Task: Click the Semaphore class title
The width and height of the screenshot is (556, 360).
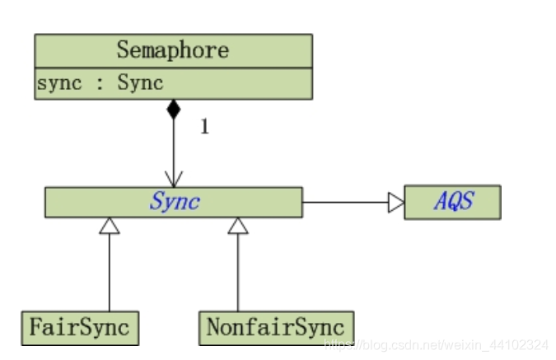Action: click(172, 50)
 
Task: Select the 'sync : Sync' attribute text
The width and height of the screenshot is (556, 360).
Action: click(100, 83)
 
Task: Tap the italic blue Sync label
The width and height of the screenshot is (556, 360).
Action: click(174, 202)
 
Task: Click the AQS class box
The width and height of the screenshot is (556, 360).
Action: click(453, 202)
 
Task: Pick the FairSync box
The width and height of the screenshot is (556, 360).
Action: click(79, 327)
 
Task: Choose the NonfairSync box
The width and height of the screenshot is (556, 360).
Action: click(276, 327)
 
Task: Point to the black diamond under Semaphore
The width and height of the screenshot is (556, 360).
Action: click(173, 110)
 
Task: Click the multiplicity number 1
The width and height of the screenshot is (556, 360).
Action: click(204, 129)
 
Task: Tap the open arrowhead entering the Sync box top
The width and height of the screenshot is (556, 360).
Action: click(173, 179)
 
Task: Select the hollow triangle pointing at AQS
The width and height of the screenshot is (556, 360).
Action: click(396, 202)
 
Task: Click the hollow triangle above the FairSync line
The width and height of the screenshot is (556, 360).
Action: click(109, 225)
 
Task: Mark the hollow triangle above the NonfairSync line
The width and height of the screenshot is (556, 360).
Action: click(238, 225)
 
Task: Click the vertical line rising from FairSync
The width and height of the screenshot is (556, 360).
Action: click(109, 272)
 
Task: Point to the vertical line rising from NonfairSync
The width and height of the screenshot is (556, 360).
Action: click(238, 272)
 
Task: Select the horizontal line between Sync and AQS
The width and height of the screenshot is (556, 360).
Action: click(346, 202)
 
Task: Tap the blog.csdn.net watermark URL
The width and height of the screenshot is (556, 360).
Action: click(437, 343)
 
